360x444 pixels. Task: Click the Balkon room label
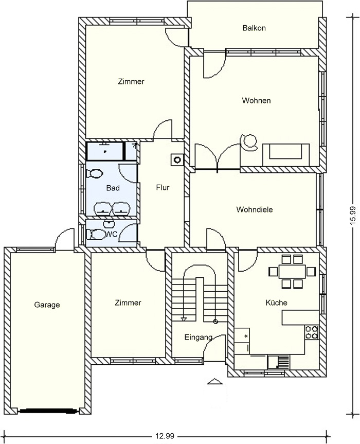point(254,28)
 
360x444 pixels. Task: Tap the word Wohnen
point(256,100)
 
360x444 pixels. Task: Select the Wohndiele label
point(255,209)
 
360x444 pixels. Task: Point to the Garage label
point(47,305)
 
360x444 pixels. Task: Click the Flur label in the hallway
point(163,187)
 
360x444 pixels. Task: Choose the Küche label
point(277,303)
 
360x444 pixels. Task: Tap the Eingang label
point(199,338)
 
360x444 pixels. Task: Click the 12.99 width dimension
point(165,436)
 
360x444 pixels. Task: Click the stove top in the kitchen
point(312,332)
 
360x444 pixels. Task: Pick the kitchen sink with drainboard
point(279,362)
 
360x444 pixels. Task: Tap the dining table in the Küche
point(292,272)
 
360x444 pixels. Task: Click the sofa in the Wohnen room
point(286,155)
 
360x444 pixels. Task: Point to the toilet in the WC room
point(95,234)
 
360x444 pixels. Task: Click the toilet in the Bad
point(94,173)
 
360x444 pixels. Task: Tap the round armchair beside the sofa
point(249,142)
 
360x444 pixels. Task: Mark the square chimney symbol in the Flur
point(177,159)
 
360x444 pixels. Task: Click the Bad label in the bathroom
point(113,188)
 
